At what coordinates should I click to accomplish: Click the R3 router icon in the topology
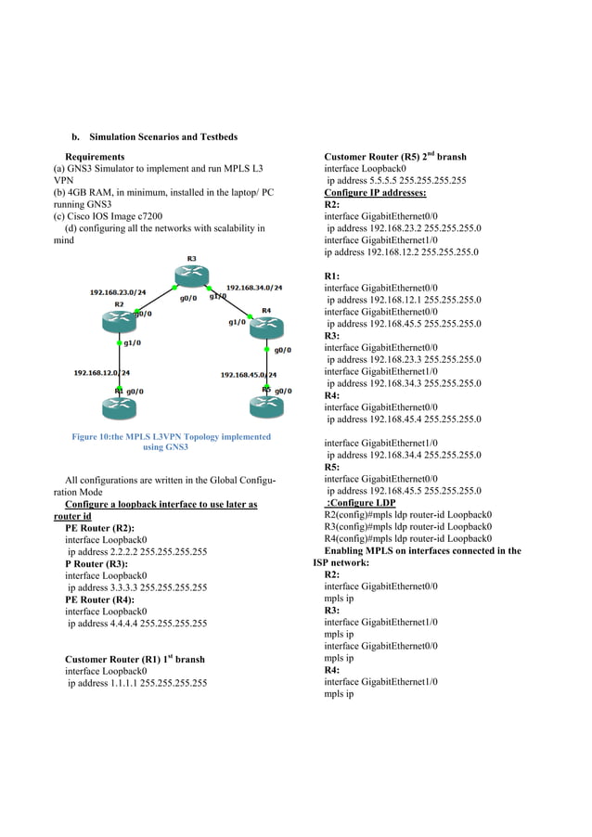tap(192, 274)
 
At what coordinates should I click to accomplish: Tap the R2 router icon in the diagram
tap(119, 320)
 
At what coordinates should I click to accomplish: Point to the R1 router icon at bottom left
tap(119, 405)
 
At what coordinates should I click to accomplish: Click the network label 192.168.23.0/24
tap(118, 292)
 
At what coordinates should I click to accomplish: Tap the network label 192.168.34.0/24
tap(254, 288)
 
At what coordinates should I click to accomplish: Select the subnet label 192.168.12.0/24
tap(102, 373)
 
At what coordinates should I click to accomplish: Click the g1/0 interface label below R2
tap(132, 343)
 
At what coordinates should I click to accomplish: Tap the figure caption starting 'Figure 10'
tap(166, 442)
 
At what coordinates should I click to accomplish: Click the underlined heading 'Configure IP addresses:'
tap(375, 193)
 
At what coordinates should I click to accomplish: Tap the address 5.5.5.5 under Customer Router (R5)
tap(396, 181)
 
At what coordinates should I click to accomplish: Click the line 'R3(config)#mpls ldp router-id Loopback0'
tap(407, 526)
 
